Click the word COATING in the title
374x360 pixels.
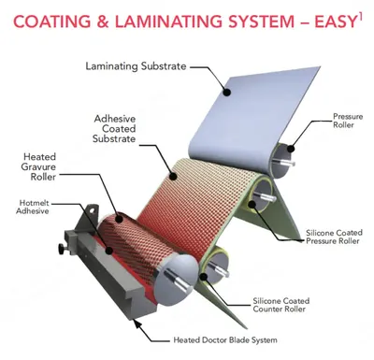pyautogui.click(x=52, y=22)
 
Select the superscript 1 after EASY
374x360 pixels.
pyautogui.click(x=360, y=18)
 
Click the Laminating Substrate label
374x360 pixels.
pyautogui.click(x=136, y=66)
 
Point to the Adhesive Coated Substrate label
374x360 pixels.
pyautogui.click(x=115, y=128)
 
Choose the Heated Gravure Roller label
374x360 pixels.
pyautogui.click(x=38, y=166)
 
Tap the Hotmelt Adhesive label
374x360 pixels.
pyautogui.click(x=33, y=207)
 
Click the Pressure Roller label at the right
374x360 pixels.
pyautogui.click(x=348, y=121)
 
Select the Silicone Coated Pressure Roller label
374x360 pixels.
pyautogui.click(x=334, y=237)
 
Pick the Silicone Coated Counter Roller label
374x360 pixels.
pyautogui.click(x=281, y=305)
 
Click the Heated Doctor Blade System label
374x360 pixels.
pyautogui.click(x=225, y=339)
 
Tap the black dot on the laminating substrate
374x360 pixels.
pyautogui.click(x=227, y=92)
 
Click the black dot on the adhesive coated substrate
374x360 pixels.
pyautogui.click(x=174, y=177)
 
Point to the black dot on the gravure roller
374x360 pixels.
pyautogui.click(x=119, y=219)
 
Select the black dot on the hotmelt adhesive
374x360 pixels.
pyautogui.click(x=108, y=251)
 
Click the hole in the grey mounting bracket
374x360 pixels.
pyautogui.click(x=93, y=210)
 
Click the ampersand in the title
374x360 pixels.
pyautogui.click(x=103, y=22)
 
